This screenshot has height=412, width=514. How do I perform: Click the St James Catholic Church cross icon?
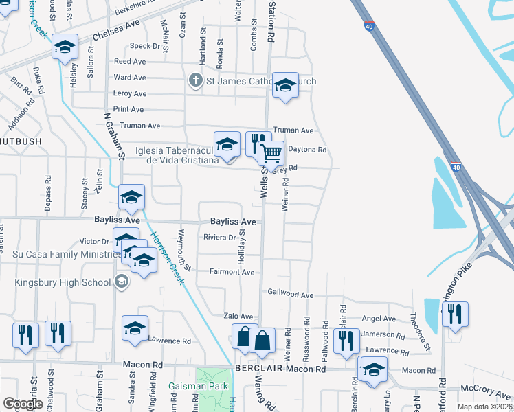click(195, 81)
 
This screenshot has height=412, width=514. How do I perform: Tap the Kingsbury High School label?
click(62, 282)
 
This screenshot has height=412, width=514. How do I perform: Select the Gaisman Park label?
click(190, 387)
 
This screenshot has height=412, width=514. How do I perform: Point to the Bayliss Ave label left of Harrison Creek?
click(117, 220)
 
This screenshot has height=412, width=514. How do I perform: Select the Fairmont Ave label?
click(232, 272)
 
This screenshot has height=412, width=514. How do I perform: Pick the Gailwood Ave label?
click(290, 294)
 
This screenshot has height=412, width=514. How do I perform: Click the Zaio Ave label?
click(239, 316)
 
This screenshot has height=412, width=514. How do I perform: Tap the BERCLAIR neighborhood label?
click(259, 369)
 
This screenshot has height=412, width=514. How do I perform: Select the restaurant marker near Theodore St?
click(454, 314)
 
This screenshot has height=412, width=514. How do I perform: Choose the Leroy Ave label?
click(130, 93)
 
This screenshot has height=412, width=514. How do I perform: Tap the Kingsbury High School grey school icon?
click(121, 282)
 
